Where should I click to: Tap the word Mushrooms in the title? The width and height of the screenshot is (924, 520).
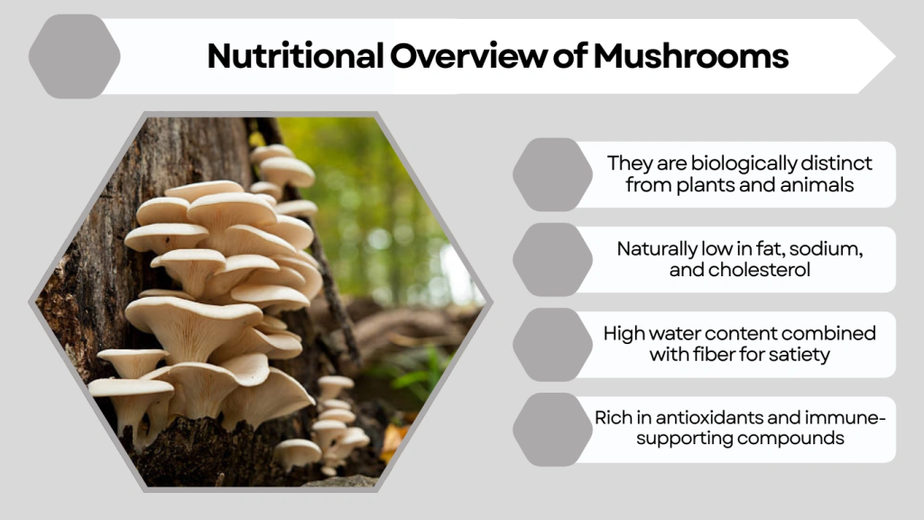tap(691, 56)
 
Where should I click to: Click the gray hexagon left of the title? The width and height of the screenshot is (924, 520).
tap(74, 56)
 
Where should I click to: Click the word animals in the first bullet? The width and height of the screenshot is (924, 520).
tap(818, 186)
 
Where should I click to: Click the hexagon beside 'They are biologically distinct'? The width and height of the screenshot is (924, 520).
tap(552, 174)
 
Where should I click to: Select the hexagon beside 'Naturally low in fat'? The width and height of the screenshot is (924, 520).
tap(552, 259)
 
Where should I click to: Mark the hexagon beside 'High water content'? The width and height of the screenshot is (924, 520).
tap(552, 344)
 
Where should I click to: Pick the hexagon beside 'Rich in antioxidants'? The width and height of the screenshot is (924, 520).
tap(552, 429)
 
